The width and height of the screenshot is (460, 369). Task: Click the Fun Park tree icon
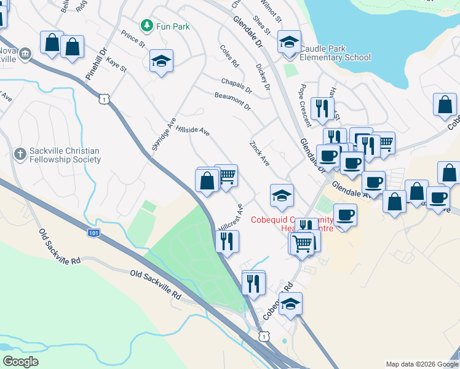coord(146,26)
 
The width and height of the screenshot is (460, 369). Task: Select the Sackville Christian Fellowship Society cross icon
coord(20,153)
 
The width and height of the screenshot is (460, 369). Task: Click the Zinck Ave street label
coord(260,153)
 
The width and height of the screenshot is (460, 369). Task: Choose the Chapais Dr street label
coord(237,85)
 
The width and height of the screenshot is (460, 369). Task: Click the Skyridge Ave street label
coord(164,133)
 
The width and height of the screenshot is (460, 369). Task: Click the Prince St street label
coord(133,40)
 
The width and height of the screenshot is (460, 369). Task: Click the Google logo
coord(20,362)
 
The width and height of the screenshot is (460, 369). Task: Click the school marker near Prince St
coord(161,61)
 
